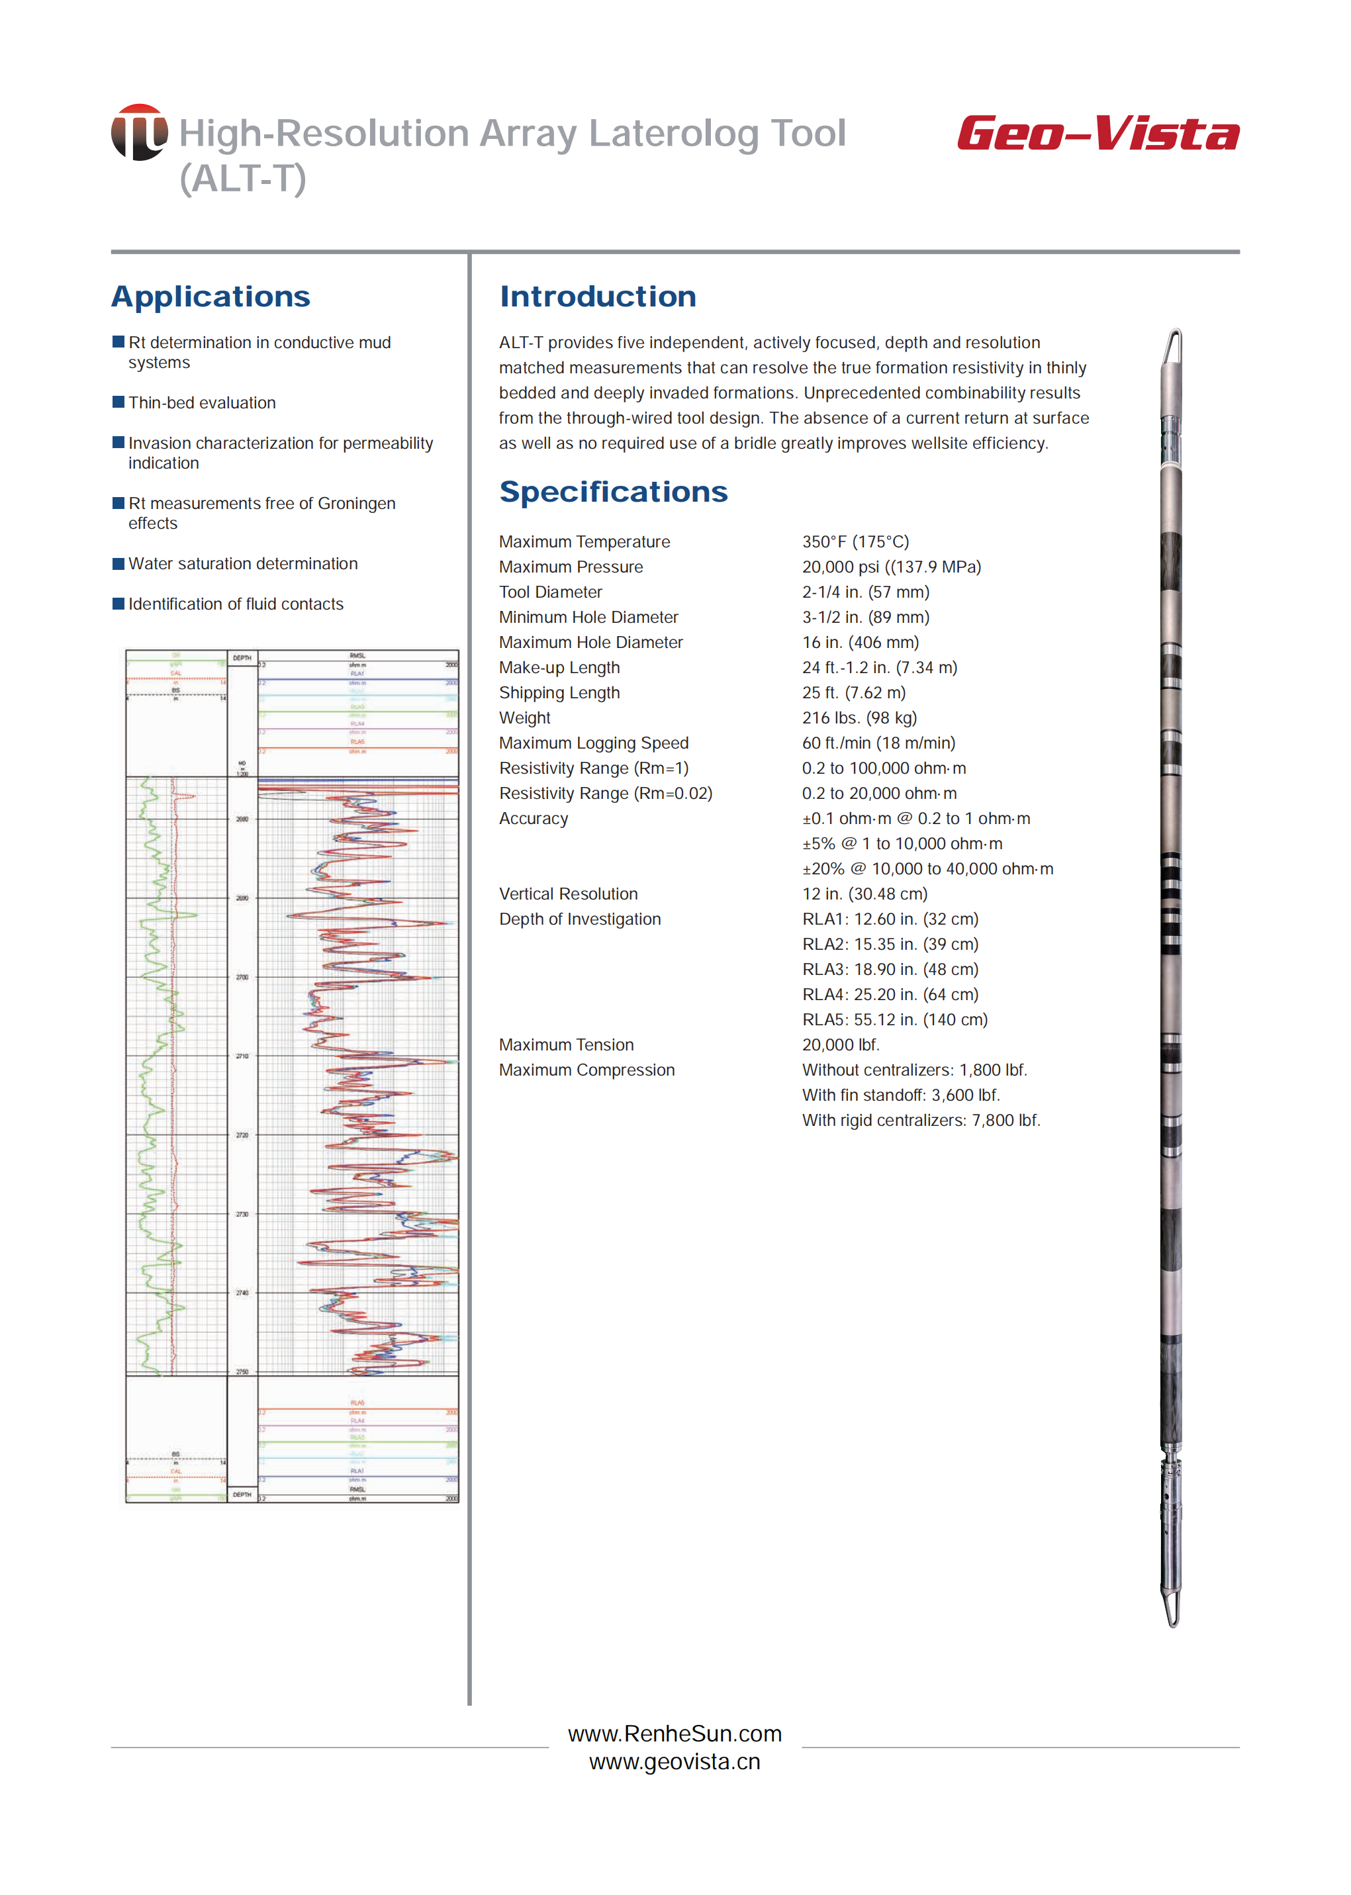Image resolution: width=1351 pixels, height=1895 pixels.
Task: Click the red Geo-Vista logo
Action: [1097, 134]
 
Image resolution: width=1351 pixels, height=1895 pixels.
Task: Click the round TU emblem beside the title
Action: [139, 132]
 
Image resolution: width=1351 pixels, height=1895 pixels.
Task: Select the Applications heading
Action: [210, 297]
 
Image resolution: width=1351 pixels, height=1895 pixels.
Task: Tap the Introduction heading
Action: [597, 297]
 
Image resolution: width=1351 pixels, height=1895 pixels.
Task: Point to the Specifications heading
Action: [613, 492]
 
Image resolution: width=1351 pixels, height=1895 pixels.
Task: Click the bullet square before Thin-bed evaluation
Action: [118, 402]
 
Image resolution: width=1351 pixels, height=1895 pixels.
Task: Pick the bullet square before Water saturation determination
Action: [118, 563]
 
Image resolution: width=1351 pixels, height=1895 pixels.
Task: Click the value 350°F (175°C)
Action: [855, 541]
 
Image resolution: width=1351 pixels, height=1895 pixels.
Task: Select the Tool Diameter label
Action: [550, 592]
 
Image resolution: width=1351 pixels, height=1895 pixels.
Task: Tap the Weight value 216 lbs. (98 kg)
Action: [859, 718]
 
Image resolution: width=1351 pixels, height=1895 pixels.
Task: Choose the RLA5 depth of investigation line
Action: [894, 1020]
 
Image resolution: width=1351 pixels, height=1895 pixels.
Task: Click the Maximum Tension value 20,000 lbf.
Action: [840, 1045]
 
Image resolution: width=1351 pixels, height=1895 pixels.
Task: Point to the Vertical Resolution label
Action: [568, 894]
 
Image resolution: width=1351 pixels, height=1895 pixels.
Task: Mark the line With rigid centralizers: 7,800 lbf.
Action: [921, 1121]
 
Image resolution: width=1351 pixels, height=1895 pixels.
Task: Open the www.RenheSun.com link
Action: [675, 1733]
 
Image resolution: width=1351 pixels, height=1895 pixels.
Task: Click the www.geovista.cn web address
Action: [675, 1762]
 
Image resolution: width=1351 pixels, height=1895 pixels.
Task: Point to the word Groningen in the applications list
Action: [356, 503]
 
